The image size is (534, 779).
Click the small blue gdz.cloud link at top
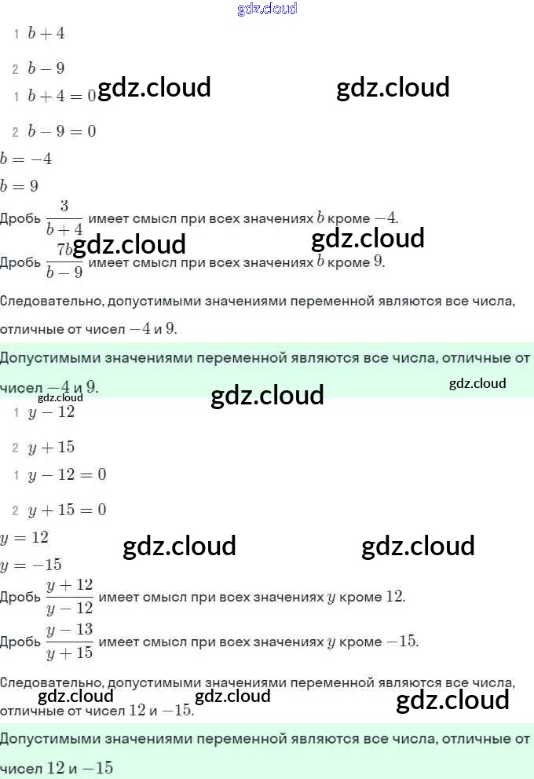point(267,9)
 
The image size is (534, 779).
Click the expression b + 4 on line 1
point(46,35)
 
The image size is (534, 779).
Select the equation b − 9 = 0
point(61,131)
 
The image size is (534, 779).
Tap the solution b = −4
point(26,159)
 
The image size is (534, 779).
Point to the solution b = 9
point(20,186)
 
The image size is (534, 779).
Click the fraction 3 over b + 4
point(64,218)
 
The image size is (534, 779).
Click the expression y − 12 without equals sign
point(51,412)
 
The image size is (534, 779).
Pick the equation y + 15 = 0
point(67,510)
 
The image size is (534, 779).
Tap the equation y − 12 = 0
point(67,475)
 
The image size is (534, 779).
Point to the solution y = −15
point(31,565)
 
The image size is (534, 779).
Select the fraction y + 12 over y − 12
point(69,597)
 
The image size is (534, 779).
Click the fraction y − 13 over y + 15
point(69,642)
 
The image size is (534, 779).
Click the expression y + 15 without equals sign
point(51,448)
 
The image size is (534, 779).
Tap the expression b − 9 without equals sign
point(46,69)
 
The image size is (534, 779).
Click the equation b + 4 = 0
point(61,96)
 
